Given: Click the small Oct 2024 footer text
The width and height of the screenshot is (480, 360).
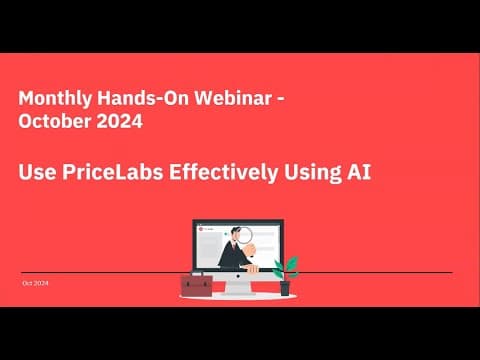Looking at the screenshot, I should tap(35, 284).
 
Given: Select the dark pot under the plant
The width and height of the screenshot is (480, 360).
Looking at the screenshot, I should tap(285, 288).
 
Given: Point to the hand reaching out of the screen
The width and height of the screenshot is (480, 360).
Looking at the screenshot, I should tap(254, 267).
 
